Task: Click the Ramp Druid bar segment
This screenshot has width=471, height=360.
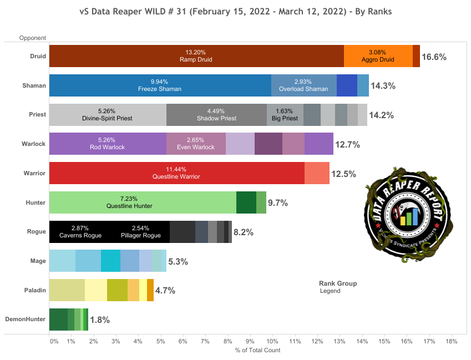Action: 196,56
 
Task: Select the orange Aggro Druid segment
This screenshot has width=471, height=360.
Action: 378,56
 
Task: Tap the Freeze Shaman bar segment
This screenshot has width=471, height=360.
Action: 160,85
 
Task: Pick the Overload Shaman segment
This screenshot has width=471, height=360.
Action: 303,85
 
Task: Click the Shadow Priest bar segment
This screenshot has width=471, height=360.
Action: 216,115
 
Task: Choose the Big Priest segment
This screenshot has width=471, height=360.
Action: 285,115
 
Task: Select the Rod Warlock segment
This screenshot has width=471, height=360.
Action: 108,144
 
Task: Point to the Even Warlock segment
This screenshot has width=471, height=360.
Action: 196,144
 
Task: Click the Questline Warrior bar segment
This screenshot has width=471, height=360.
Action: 176,173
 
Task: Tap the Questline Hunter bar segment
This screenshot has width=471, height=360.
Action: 143,202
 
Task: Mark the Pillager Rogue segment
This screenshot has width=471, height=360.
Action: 139,232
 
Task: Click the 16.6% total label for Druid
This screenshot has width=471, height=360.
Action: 434,57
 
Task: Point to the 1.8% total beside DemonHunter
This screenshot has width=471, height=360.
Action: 99,320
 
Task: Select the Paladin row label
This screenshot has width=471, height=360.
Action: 35,290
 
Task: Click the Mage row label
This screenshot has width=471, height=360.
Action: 38,260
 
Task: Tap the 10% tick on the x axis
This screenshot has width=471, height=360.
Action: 272,341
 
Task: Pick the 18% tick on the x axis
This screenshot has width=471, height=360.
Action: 450,341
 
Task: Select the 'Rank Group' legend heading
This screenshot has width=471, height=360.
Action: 337,283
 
